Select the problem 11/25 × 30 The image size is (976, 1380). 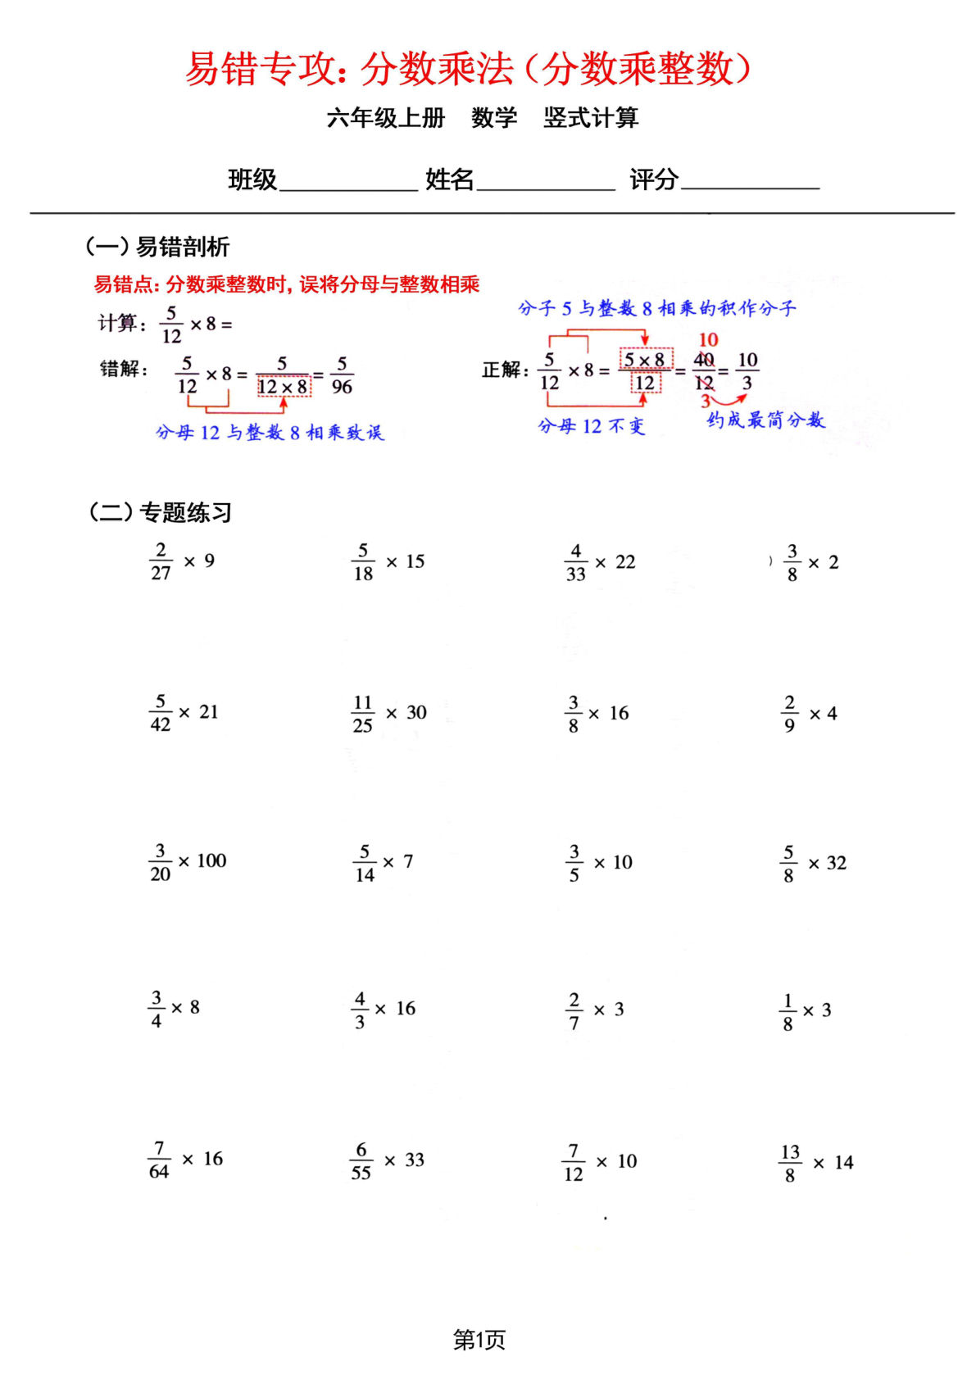[x=389, y=713]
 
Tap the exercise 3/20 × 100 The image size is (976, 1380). [x=188, y=862]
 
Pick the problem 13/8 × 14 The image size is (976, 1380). [x=815, y=1163]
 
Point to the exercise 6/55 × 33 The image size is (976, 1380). [x=387, y=1160]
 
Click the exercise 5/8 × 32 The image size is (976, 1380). [x=813, y=863]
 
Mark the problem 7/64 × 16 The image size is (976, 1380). [x=185, y=1160]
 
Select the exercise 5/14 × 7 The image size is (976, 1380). [x=383, y=862]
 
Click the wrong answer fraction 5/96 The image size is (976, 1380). [x=342, y=375]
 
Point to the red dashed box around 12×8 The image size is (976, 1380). [x=284, y=386]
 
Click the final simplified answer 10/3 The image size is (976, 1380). [x=747, y=371]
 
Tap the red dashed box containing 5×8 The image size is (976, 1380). [x=645, y=359]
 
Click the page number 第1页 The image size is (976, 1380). [x=479, y=1341]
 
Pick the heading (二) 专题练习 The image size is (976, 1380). [x=160, y=512]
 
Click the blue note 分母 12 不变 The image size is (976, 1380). [x=591, y=426]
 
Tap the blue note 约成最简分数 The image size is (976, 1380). [x=765, y=420]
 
